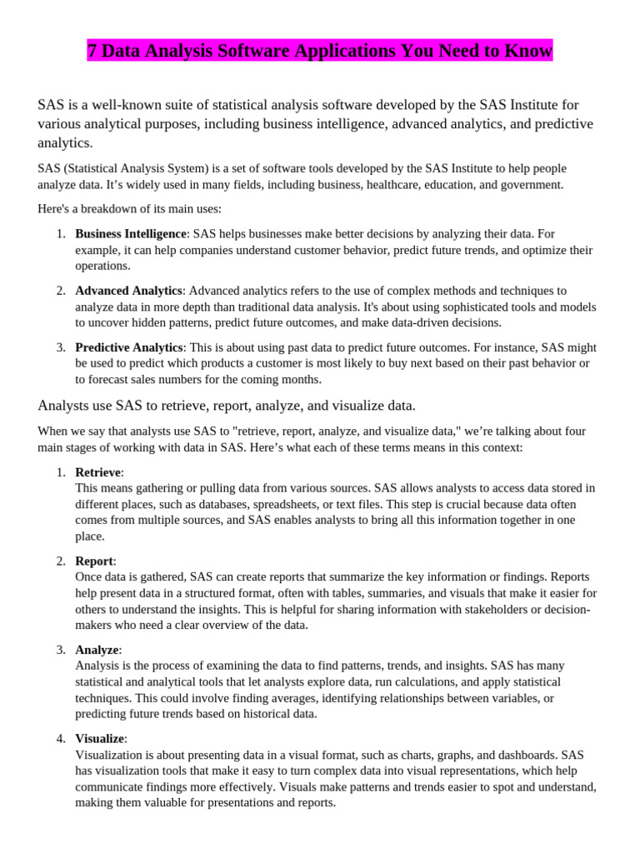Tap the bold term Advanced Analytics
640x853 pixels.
click(128, 291)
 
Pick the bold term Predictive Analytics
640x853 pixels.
click(128, 347)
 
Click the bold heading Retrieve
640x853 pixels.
click(98, 472)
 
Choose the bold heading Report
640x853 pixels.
click(94, 561)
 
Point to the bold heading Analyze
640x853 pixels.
click(97, 650)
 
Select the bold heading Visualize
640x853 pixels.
click(100, 738)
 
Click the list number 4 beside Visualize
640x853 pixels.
click(62, 738)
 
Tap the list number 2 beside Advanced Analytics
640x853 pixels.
click(62, 291)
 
